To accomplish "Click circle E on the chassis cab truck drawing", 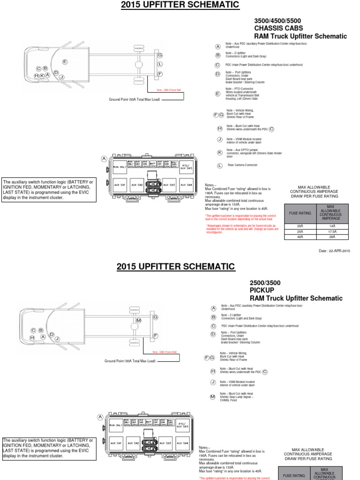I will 65,62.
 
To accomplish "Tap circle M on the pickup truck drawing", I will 138,320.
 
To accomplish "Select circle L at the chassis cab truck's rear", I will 160,64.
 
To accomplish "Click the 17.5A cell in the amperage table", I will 332,232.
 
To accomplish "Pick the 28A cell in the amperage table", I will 332,237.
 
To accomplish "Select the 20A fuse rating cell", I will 300,226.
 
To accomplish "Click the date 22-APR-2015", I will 334,251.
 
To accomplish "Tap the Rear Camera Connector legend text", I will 243,165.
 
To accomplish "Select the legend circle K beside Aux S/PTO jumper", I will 219,152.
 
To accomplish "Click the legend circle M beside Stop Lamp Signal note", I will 212,397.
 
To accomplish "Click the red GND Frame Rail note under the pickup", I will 165,352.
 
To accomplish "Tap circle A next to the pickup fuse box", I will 100,417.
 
